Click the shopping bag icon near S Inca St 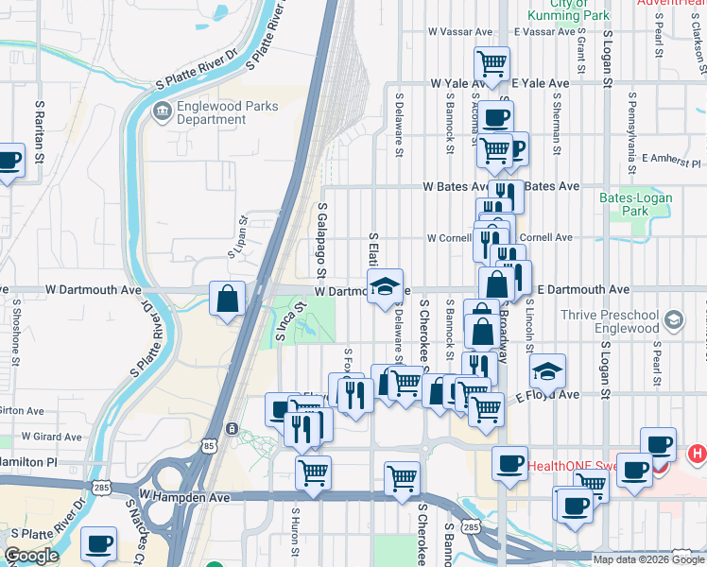click(x=228, y=300)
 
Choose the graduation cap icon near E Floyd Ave click(x=546, y=372)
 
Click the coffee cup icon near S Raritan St click(x=9, y=163)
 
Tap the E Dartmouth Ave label click(x=584, y=289)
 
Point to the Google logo click(x=31, y=556)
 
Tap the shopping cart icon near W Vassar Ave click(x=491, y=63)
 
